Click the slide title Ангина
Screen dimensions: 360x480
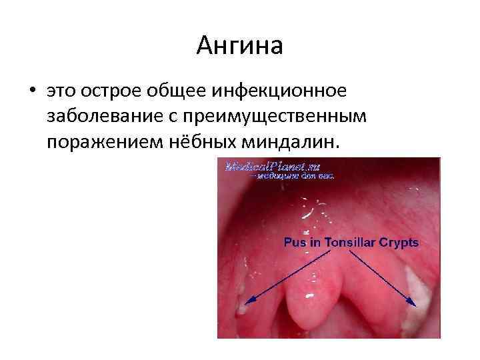240,46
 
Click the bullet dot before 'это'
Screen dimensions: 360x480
31,90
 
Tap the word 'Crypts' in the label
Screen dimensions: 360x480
399,243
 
